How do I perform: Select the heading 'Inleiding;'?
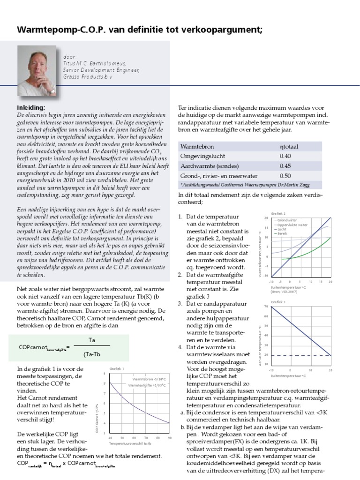tap(30, 107)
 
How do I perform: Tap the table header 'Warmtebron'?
tap(196, 147)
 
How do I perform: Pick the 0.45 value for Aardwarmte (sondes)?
tap(285, 165)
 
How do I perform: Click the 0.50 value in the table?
tap(285, 175)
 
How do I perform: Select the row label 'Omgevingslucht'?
tap(203, 156)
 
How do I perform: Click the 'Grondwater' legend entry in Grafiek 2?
tap(289, 220)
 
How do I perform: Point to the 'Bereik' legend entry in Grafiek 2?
tap(284, 233)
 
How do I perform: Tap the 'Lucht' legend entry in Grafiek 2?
tap(283, 229)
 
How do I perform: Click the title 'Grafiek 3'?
tap(278, 302)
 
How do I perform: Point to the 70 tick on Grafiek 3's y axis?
tap(266, 307)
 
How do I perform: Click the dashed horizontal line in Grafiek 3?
tap(300, 356)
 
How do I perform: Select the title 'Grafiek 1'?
tap(117, 369)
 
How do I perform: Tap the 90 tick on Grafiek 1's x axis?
tap(169, 438)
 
